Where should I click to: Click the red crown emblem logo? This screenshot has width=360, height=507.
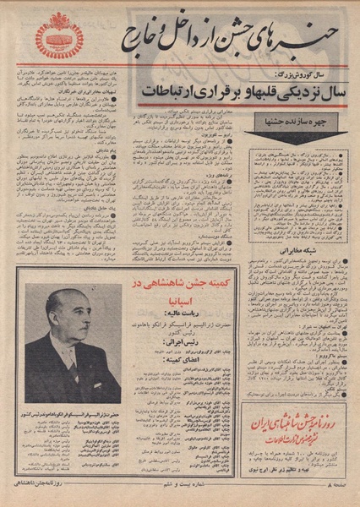click(x=59, y=35)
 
